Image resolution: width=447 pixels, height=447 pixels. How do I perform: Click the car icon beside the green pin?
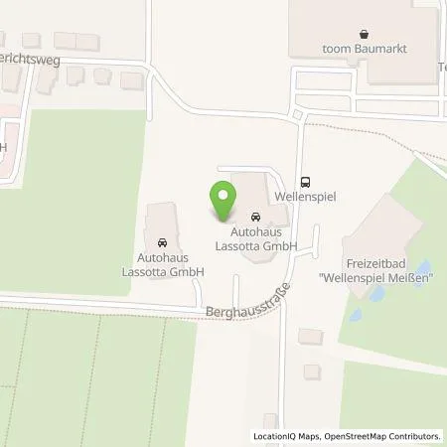[255, 217]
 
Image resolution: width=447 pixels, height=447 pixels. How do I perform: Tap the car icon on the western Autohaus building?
[161, 241]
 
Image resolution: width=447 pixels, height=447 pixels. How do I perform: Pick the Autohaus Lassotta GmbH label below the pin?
[256, 239]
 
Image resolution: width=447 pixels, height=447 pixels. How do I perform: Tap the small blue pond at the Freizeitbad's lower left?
[356, 316]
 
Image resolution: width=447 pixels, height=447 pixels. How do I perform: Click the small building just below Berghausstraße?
[310, 337]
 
